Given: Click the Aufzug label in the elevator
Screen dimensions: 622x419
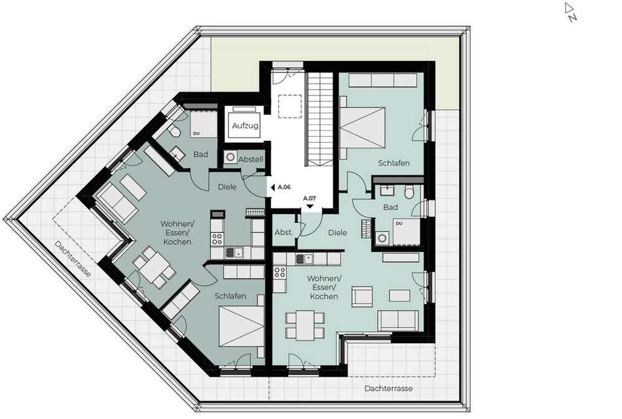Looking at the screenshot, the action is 245,126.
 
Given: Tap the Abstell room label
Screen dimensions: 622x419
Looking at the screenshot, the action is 251,160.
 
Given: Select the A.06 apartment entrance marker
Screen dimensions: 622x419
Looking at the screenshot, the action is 280,187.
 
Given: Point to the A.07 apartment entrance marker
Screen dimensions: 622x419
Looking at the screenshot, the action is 310,202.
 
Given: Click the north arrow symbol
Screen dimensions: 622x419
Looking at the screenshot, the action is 570,12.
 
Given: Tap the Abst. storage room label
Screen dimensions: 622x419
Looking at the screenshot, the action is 284,232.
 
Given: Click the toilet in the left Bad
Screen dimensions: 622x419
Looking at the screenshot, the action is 174,132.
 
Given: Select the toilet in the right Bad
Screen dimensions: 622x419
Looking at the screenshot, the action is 409,192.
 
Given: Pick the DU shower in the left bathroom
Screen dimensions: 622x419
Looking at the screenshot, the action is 204,124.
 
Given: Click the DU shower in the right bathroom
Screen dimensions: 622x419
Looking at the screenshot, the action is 406,232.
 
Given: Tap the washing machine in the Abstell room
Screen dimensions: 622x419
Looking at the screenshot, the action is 230,157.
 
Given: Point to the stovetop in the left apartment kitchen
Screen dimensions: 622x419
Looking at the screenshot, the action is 217,239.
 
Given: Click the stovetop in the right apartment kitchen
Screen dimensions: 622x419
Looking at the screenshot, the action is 280,272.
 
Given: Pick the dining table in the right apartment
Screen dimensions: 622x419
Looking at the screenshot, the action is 306,325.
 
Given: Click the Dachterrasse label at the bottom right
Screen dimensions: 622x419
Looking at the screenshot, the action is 388,388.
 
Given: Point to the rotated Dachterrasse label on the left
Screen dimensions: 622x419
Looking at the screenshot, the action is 73,259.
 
